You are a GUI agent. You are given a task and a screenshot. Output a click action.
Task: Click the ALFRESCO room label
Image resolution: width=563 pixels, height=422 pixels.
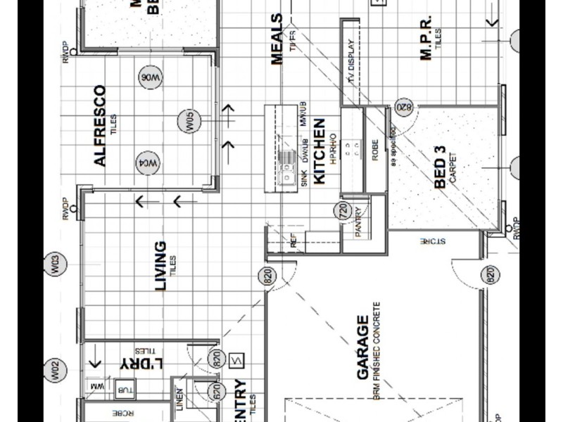[100, 126]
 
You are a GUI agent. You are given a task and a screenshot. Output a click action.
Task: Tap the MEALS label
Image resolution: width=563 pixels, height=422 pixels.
[277, 39]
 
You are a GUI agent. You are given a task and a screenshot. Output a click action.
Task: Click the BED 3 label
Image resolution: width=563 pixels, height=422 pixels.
[441, 167]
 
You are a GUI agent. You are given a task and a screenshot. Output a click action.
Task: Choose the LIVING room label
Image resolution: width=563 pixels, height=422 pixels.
[161, 266]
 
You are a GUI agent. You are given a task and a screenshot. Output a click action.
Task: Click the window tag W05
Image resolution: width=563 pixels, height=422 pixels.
[189, 121]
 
